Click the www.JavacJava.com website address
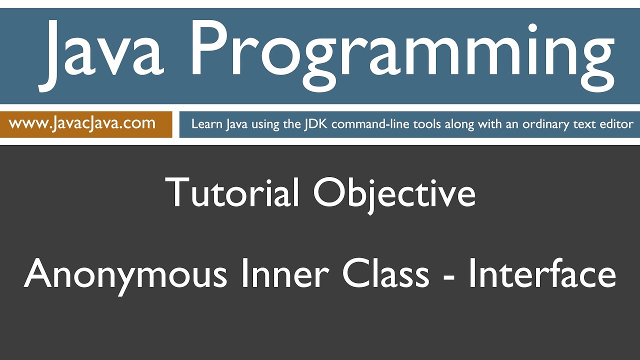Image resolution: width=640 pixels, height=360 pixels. click(x=82, y=123)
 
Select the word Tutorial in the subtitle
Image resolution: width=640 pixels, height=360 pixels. click(x=232, y=192)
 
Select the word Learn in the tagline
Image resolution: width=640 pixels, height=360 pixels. click(x=207, y=124)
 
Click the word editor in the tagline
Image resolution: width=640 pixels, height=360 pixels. click(x=618, y=124)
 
